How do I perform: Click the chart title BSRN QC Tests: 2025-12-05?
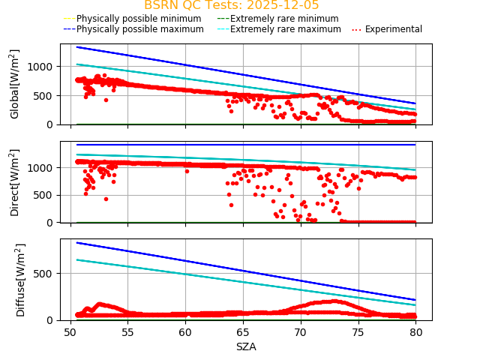231,5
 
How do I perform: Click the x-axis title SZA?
246,346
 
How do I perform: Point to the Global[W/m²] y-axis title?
15,84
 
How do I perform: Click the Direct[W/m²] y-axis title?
15,182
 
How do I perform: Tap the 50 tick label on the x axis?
70,332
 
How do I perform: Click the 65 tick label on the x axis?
243,332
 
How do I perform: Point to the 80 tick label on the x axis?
415,332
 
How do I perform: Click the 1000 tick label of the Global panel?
43,67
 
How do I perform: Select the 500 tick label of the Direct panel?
46,195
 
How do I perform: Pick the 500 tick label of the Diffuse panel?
46,274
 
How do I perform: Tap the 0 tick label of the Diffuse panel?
52,320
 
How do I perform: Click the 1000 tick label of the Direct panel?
43,168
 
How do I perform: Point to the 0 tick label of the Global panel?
52,124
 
